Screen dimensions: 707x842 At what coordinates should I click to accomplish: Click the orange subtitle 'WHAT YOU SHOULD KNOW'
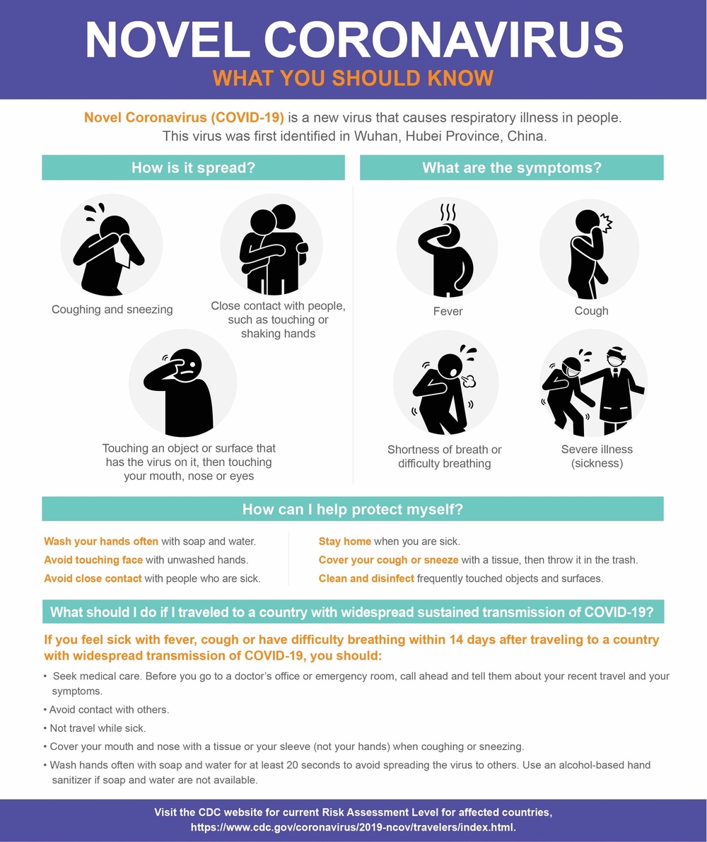(x=353, y=78)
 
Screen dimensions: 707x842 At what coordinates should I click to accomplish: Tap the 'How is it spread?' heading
(x=193, y=168)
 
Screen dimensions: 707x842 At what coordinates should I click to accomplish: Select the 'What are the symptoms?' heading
(x=512, y=168)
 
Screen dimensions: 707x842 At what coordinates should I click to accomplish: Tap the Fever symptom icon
(x=447, y=247)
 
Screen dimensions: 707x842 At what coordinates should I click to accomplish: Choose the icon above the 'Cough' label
(x=590, y=249)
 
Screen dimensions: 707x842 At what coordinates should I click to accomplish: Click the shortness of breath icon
(x=445, y=383)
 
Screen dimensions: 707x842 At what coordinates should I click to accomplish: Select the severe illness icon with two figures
(x=593, y=383)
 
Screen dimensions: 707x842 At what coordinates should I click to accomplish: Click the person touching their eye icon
(x=182, y=383)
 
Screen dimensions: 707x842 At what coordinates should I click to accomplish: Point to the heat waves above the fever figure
(x=448, y=212)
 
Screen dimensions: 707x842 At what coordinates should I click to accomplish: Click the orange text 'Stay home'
(x=344, y=542)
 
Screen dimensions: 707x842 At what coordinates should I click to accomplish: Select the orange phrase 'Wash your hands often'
(x=101, y=542)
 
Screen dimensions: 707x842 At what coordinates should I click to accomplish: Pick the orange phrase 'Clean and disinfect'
(x=366, y=578)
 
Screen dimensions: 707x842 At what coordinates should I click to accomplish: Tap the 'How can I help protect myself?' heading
(x=353, y=509)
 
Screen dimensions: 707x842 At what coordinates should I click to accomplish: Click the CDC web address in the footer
(x=353, y=827)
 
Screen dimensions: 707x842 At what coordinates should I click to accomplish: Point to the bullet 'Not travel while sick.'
(x=95, y=728)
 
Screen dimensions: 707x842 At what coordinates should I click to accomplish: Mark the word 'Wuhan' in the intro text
(x=375, y=136)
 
